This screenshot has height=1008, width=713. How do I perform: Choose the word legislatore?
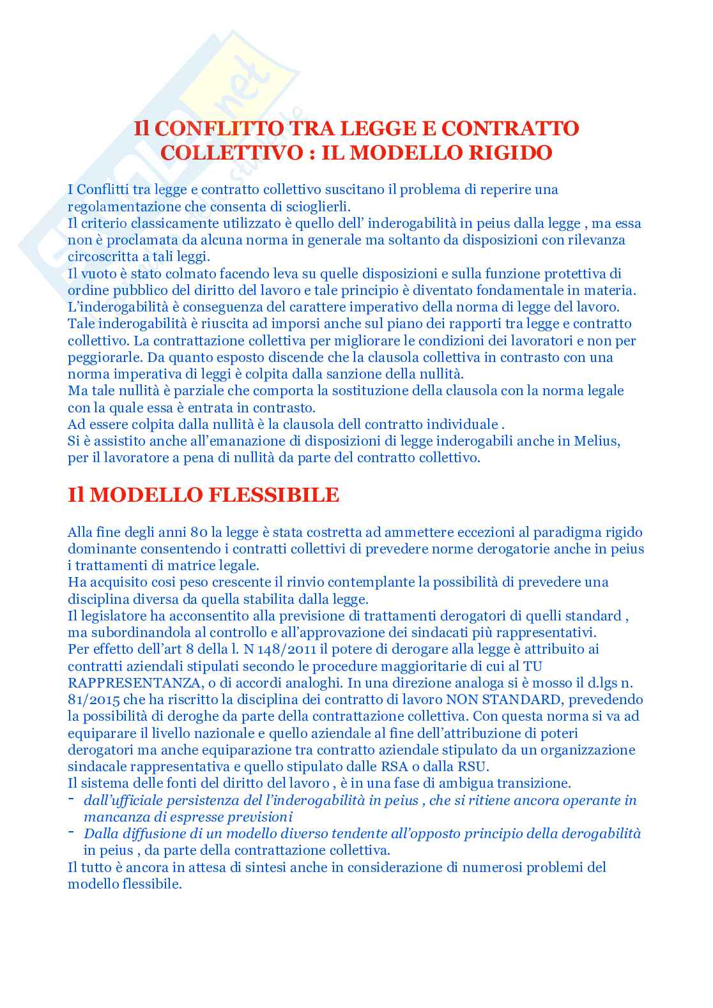point(111,616)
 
